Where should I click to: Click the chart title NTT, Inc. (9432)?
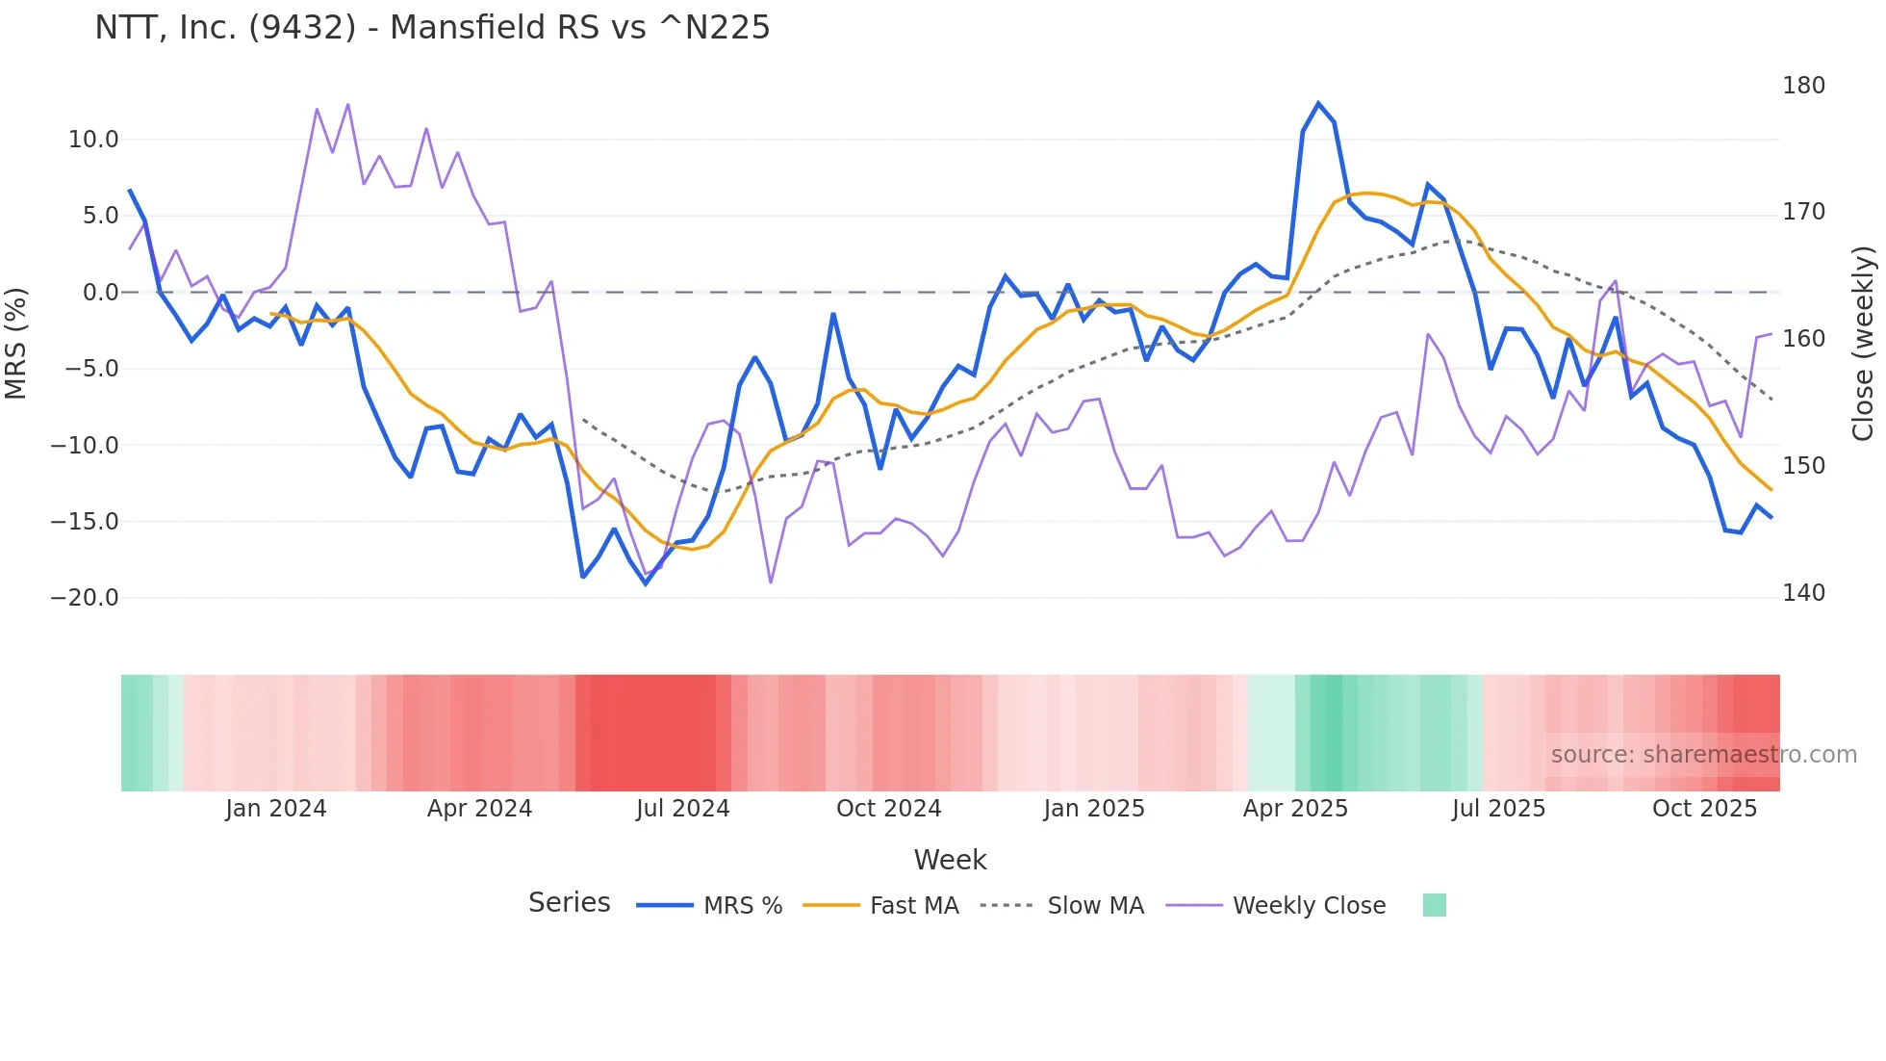(x=432, y=28)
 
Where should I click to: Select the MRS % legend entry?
(x=710, y=906)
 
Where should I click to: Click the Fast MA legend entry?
(x=880, y=906)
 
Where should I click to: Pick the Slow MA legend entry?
(x=1062, y=906)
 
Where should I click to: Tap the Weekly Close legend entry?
(x=1276, y=906)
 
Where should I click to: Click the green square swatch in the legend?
(x=1434, y=905)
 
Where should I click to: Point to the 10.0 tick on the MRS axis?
(x=93, y=140)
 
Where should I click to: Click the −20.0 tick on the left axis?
(x=85, y=598)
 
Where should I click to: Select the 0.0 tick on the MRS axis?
(x=100, y=293)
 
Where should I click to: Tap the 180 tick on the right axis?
(x=1803, y=86)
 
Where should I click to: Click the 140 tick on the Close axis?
(x=1803, y=593)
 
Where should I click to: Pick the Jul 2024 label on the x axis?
(x=682, y=809)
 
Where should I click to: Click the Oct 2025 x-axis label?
(x=1704, y=809)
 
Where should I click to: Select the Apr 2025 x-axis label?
(x=1295, y=809)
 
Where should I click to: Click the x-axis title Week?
(x=950, y=860)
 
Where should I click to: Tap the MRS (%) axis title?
(x=16, y=343)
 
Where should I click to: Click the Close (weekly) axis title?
(x=1863, y=343)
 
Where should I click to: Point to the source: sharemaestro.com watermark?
(x=1703, y=755)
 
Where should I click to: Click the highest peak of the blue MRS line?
(x=1318, y=103)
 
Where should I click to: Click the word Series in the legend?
(x=569, y=903)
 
